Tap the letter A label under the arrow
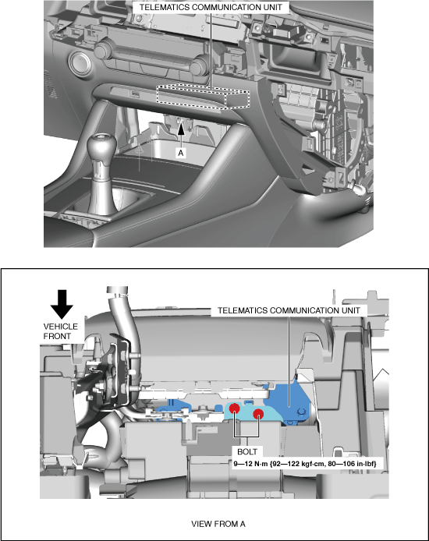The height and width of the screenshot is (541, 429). [180, 153]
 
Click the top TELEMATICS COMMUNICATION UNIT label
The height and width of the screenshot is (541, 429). [211, 7]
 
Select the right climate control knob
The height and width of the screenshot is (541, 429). [198, 65]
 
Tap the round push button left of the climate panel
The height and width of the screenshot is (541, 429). [80, 64]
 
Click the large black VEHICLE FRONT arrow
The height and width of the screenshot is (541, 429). [62, 304]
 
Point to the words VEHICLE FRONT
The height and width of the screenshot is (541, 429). [60, 331]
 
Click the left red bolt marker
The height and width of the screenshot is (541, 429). [234, 408]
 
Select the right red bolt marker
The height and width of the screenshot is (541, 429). [258, 414]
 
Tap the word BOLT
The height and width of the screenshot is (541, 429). [247, 451]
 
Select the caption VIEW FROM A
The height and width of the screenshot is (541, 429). [218, 524]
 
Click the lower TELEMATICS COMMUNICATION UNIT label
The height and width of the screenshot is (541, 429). [289, 310]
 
